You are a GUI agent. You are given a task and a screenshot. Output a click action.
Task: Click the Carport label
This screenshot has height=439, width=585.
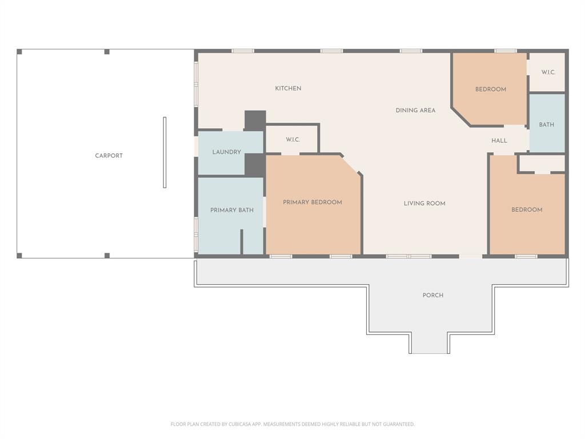(109, 155)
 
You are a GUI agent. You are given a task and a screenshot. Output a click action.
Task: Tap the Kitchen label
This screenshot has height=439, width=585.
(288, 89)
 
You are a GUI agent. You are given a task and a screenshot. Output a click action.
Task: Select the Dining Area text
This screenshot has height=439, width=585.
(415, 110)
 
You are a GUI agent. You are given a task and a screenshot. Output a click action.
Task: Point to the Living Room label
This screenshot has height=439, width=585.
(424, 203)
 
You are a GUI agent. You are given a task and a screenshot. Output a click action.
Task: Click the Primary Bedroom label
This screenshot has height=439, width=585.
(312, 202)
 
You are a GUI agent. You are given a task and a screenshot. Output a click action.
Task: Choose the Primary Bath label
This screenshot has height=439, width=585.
(231, 210)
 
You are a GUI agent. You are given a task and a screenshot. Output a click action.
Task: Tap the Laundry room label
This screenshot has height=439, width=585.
(226, 152)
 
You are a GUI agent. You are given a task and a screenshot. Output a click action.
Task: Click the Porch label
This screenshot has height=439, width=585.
(432, 296)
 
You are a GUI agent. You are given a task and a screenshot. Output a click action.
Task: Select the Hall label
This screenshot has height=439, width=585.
(499, 141)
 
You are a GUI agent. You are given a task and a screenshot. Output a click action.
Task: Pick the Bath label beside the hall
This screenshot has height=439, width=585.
(546, 125)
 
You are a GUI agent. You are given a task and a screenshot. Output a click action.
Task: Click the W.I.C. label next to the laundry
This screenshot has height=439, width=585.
(292, 140)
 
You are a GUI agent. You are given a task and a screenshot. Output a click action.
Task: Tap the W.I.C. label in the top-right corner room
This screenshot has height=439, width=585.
(548, 73)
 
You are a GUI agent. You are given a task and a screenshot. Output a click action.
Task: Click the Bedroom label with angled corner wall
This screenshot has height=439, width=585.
(490, 89)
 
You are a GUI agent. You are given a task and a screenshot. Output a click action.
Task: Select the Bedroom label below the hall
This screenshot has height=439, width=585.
(526, 210)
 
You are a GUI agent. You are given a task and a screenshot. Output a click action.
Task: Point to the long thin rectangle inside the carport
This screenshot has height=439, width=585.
(165, 152)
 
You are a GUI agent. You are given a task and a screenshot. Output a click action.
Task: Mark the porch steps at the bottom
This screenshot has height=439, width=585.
(429, 344)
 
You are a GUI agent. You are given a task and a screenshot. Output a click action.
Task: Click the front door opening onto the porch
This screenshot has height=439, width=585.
(471, 256)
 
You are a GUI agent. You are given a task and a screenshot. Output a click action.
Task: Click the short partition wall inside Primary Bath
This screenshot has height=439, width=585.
(242, 241)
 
